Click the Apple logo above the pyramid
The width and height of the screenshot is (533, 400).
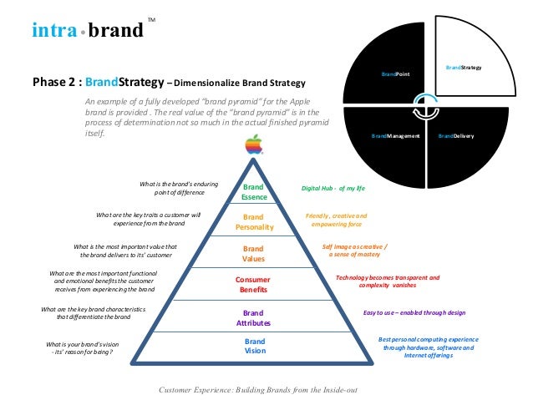(x=252, y=145)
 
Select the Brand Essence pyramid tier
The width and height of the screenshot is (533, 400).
(x=253, y=191)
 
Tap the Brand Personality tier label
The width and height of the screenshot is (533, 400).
(x=253, y=221)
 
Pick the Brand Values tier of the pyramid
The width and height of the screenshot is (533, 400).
(x=253, y=253)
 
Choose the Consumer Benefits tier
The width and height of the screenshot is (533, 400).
(x=253, y=284)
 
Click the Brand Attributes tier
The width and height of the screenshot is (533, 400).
(x=253, y=317)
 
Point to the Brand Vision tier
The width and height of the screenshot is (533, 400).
(x=254, y=346)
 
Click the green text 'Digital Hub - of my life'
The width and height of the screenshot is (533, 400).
(x=333, y=189)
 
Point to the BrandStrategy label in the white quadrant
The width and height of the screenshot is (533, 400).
(x=464, y=65)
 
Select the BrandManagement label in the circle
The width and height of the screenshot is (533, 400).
(x=394, y=134)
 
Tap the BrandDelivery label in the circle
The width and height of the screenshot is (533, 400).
(x=456, y=134)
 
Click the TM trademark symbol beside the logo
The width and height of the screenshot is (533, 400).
(x=151, y=19)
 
